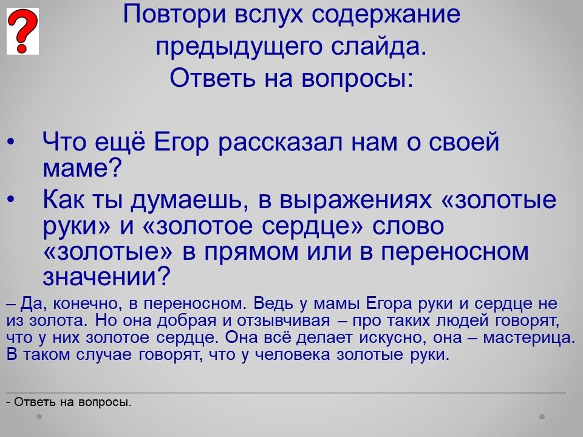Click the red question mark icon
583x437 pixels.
point(22,32)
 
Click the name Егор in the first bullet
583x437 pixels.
point(181,142)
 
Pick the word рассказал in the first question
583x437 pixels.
point(280,142)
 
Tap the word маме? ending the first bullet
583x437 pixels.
point(82,168)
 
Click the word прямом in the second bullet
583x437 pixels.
point(251,251)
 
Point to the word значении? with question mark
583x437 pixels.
point(106,277)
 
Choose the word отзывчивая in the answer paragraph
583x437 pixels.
point(284,320)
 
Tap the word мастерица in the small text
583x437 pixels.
point(529,337)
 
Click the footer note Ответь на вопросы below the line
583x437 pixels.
point(69,402)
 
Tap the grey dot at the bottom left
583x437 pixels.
point(39,417)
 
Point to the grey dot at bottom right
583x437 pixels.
point(542,417)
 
